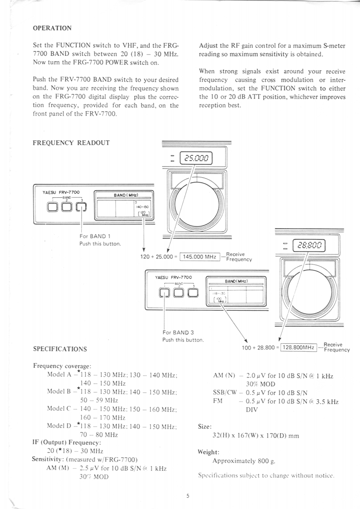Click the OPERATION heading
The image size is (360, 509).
coord(52,28)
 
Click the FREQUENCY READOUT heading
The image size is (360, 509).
coord(71,142)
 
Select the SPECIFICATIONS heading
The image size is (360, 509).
coord(60,349)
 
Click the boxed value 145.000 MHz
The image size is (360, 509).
coord(199,257)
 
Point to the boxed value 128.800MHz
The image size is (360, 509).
coord(298,347)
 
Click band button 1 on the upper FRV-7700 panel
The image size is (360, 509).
coord(53,207)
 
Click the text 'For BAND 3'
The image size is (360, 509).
coord(178,333)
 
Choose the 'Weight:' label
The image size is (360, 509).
coord(209,452)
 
